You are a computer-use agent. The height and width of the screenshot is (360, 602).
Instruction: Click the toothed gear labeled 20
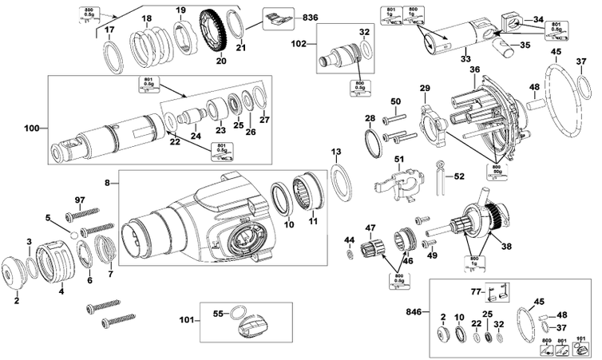[214, 31]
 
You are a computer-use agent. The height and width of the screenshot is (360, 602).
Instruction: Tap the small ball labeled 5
[75, 235]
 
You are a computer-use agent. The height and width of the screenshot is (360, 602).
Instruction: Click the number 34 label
[538, 18]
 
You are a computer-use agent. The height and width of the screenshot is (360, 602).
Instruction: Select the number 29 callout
[424, 87]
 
